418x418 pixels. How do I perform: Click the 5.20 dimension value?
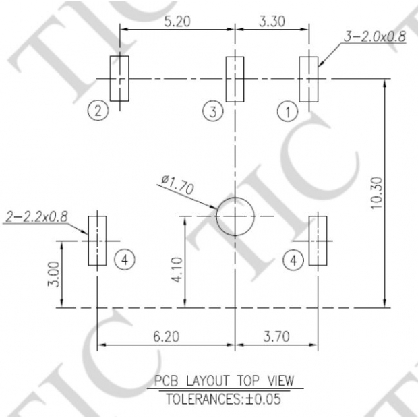pos(176,21)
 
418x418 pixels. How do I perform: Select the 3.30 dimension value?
pos(272,21)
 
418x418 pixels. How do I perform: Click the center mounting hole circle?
pos(235,216)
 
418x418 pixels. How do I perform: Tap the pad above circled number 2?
pos(120,79)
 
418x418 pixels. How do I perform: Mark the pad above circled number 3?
pos(235,79)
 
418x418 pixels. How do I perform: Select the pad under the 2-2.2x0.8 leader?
pos(98,240)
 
